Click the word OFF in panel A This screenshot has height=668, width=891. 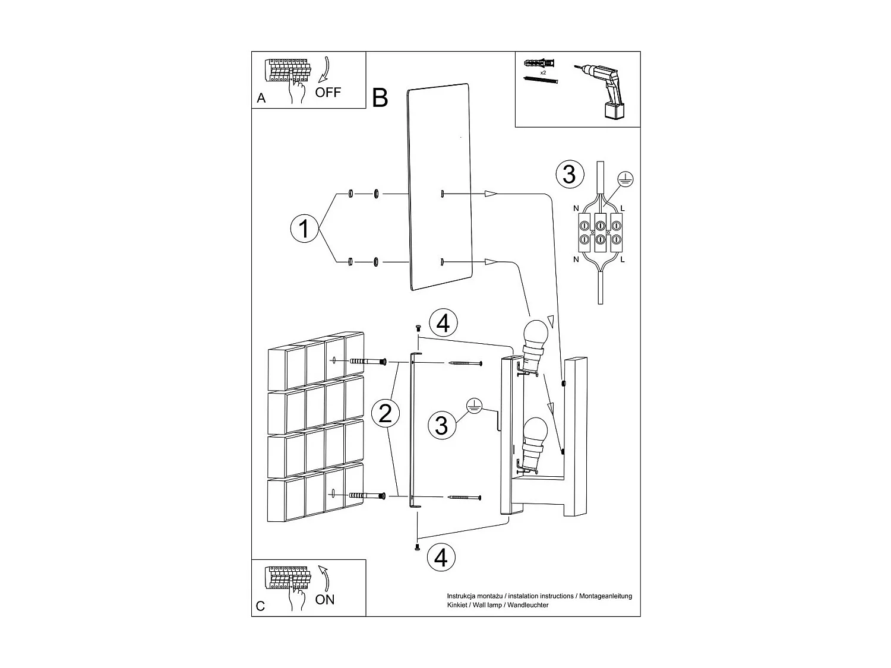pos(328,92)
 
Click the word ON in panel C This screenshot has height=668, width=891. pos(325,600)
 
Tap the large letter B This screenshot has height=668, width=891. pos(380,98)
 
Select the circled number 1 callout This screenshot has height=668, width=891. pos(304,228)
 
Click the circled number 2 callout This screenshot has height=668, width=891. pos(386,413)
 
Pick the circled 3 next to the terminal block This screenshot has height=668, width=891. pos(569,175)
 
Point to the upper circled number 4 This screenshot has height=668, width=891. pos(443,324)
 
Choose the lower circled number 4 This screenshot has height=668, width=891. pos(441,557)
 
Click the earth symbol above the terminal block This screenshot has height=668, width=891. pos(625,178)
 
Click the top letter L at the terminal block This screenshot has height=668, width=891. pos(622,208)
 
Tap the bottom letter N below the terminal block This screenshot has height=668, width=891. pos(576,259)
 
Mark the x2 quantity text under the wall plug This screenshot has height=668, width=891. pos(543,72)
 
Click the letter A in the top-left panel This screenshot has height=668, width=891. pos(261,99)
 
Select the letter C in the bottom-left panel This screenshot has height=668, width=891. pos(260,606)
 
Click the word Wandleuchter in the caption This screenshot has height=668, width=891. pos(528,605)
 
